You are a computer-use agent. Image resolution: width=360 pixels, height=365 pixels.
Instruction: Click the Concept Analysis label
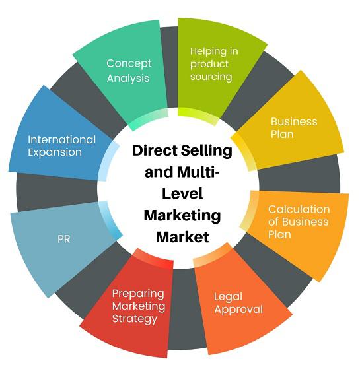click(129, 71)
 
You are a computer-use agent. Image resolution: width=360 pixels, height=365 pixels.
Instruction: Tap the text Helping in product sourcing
click(214, 64)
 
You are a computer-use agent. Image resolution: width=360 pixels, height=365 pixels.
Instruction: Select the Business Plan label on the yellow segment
click(294, 128)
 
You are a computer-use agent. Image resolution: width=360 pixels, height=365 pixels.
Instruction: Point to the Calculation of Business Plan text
click(299, 222)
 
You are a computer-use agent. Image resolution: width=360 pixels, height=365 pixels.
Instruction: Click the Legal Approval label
click(238, 303)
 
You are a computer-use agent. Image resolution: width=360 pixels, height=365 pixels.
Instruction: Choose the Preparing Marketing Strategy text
click(139, 306)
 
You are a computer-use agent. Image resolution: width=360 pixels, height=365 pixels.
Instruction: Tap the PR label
click(64, 239)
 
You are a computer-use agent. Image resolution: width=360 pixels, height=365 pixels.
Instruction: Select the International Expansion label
click(61, 146)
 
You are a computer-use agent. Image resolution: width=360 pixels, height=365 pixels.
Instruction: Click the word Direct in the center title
click(155, 150)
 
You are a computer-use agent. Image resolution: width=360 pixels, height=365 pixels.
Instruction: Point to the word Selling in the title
click(207, 151)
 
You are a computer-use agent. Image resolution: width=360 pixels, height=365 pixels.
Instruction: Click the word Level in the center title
click(182, 194)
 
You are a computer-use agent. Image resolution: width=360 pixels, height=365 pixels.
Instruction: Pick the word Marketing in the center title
click(182, 216)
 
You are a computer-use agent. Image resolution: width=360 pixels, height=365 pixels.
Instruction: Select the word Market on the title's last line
click(182, 237)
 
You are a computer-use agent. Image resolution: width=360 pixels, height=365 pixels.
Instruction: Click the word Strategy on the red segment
click(135, 319)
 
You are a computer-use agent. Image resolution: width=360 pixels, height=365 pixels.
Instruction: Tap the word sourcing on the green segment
click(211, 77)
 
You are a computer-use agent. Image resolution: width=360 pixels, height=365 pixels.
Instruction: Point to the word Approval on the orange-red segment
click(238, 310)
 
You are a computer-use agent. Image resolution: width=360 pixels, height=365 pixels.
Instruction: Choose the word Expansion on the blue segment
click(55, 152)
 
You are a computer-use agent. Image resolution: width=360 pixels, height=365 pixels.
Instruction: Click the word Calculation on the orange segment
click(299, 209)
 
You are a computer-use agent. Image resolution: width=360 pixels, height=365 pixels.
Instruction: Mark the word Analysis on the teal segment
click(128, 78)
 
